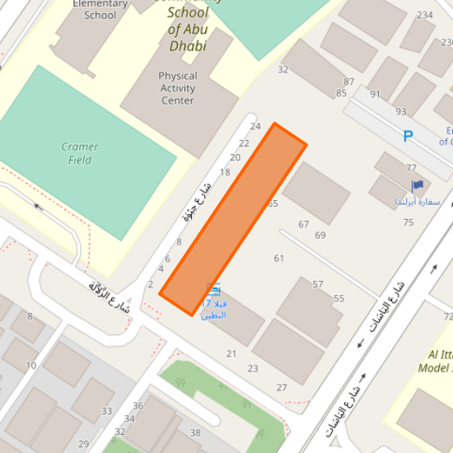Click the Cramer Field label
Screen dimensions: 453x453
tap(80, 153)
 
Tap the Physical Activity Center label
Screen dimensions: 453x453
tap(178, 88)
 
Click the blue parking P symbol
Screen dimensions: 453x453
tap(408, 136)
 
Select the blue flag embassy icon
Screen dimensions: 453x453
tap(417, 186)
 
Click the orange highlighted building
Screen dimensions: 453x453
tap(233, 218)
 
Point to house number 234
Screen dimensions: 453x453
tap(425, 16)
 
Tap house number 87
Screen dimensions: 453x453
tap(349, 82)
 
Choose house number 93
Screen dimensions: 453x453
tap(401, 111)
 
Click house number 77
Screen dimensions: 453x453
tap(411, 168)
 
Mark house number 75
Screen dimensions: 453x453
tap(409, 222)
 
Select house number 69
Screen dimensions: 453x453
tap(320, 236)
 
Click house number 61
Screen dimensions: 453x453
tap(279, 259)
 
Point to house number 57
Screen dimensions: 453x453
tap(318, 284)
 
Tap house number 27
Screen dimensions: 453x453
tap(282, 387)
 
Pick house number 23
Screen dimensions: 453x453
tap(253, 368)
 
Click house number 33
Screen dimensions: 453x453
tap(106, 411)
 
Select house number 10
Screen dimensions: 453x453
tap(31, 366)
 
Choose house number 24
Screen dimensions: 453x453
tap(255, 126)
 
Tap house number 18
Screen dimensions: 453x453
tap(225, 172)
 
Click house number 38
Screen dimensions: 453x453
tap(195, 432)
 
